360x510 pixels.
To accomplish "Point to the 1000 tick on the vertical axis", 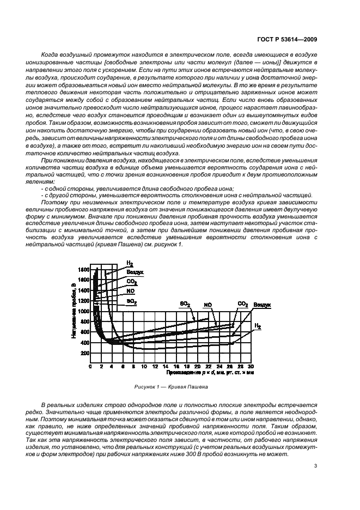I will [x=83, y=311].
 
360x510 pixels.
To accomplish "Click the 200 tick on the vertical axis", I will [x=84, y=353].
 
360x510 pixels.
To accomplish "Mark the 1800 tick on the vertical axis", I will [x=83, y=270].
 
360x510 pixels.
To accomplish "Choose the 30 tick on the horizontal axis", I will [x=251, y=367].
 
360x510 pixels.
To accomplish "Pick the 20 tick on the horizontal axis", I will [x=198, y=367].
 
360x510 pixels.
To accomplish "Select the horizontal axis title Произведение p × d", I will [x=203, y=374].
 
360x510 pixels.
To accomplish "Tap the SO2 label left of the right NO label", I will [x=184, y=303].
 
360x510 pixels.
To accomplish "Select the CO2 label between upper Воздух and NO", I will [x=132, y=282].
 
